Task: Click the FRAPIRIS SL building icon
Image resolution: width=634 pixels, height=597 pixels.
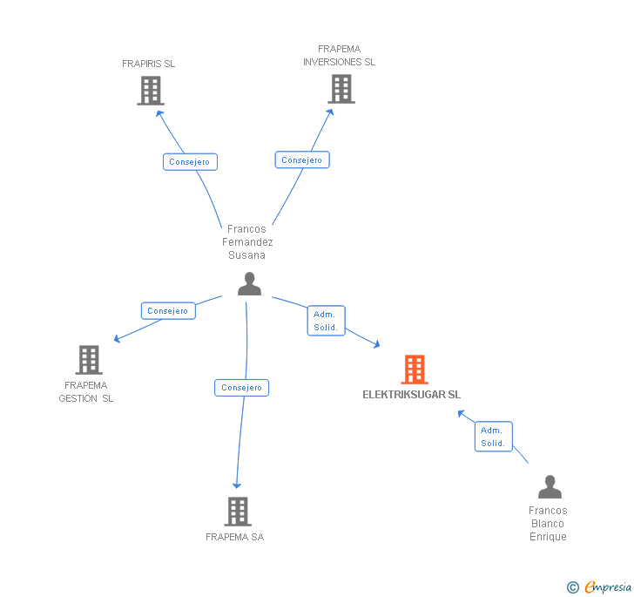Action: pyautogui.click(x=151, y=91)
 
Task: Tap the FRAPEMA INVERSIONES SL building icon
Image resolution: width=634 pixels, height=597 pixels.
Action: pyautogui.click(x=341, y=89)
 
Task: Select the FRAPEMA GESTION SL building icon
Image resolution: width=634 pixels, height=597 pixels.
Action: pyautogui.click(x=88, y=360)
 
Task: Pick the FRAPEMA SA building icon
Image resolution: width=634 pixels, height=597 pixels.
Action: pyautogui.click(x=238, y=512)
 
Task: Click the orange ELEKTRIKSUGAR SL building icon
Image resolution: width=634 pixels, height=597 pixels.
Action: pyautogui.click(x=415, y=370)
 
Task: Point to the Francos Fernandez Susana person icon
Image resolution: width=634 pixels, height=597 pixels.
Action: pyautogui.click(x=249, y=284)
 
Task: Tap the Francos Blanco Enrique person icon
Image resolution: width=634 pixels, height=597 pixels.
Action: pyautogui.click(x=550, y=487)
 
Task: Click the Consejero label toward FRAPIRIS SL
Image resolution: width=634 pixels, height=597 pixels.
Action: pyautogui.click(x=189, y=162)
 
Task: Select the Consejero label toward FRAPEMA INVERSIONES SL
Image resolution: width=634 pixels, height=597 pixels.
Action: pyautogui.click(x=302, y=160)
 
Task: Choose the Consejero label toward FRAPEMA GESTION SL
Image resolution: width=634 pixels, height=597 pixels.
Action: pyautogui.click(x=168, y=311)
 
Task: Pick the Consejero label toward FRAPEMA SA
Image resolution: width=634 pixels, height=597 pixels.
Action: pyautogui.click(x=241, y=388)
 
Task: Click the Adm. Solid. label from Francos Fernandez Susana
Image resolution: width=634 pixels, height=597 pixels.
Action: pyautogui.click(x=326, y=321)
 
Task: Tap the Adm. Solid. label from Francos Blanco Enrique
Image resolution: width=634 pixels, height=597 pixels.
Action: pyautogui.click(x=493, y=437)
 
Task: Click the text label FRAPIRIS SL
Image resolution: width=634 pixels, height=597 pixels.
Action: pyautogui.click(x=148, y=64)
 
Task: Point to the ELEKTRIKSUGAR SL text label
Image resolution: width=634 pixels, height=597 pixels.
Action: pyautogui.click(x=412, y=395)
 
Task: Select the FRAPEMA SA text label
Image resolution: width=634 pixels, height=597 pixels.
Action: pyautogui.click(x=234, y=537)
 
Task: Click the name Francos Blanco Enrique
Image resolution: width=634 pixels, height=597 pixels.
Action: pyautogui.click(x=548, y=524)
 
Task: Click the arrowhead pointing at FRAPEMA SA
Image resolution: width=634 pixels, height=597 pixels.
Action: pyautogui.click(x=236, y=485)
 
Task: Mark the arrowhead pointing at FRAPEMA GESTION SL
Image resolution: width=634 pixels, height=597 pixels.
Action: pyautogui.click(x=117, y=339)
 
